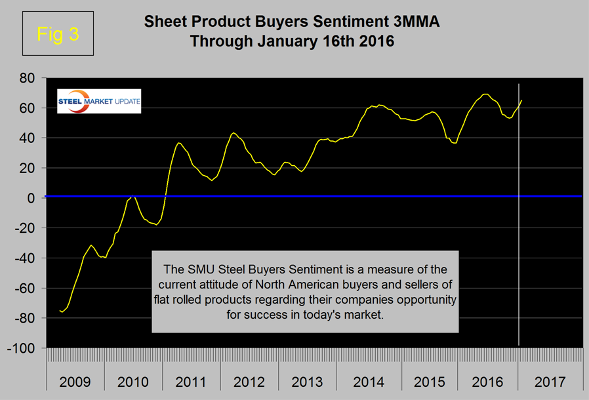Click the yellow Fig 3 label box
(x=58, y=34)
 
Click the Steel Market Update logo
(x=98, y=100)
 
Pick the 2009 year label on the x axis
(x=76, y=382)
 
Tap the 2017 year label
(x=551, y=382)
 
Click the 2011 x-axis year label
(x=190, y=382)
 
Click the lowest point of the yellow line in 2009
(x=62, y=312)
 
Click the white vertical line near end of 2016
(x=518, y=262)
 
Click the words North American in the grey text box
(x=275, y=287)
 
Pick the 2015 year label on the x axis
(x=423, y=382)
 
